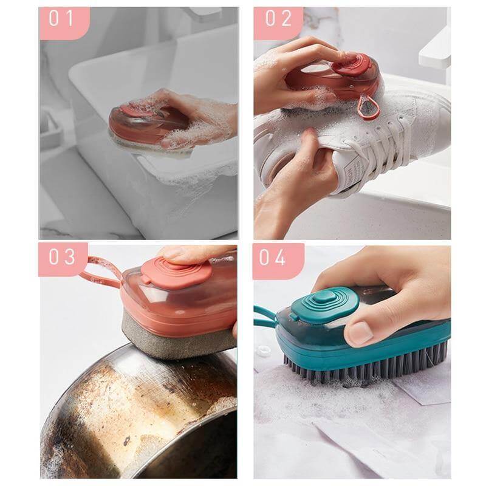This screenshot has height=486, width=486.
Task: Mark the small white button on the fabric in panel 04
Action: pos(263,352)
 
